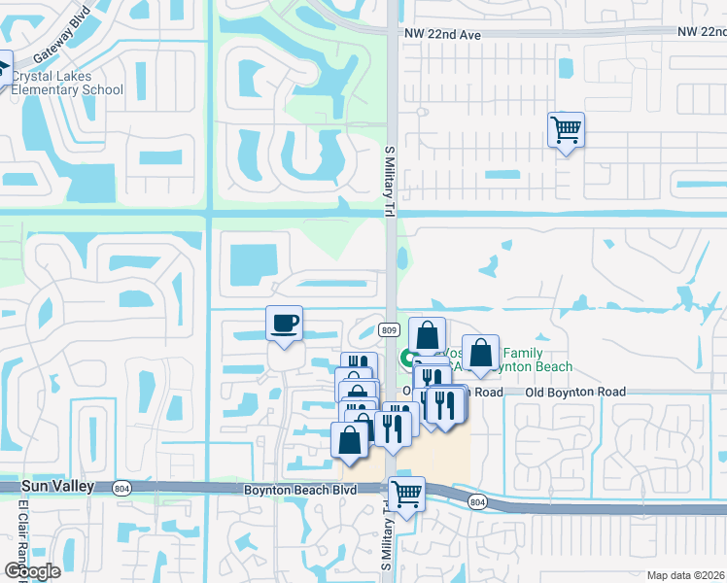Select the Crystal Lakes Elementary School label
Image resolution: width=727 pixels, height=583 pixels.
click(x=67, y=84)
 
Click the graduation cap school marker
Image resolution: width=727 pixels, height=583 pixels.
click(x=3, y=68)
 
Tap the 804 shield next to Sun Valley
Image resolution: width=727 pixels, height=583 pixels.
click(x=121, y=489)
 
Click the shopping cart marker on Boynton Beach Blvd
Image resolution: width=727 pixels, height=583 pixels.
click(x=406, y=494)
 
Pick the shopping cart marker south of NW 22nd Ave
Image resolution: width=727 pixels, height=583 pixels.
click(x=566, y=129)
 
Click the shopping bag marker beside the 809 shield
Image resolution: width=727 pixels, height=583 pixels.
click(x=427, y=335)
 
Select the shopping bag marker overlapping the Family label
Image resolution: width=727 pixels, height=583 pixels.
click(x=480, y=354)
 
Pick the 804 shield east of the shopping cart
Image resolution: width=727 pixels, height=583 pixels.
click(x=476, y=501)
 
